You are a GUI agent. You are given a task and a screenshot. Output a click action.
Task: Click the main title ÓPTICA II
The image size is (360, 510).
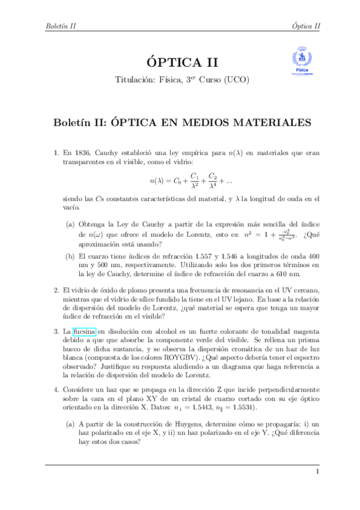click(x=180, y=63)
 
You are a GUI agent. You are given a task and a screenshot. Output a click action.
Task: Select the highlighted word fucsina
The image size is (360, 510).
click(x=85, y=331)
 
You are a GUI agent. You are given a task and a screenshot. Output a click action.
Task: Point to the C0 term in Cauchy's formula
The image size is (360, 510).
click(x=177, y=179)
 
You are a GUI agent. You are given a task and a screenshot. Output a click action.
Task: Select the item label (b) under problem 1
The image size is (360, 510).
click(x=71, y=255)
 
